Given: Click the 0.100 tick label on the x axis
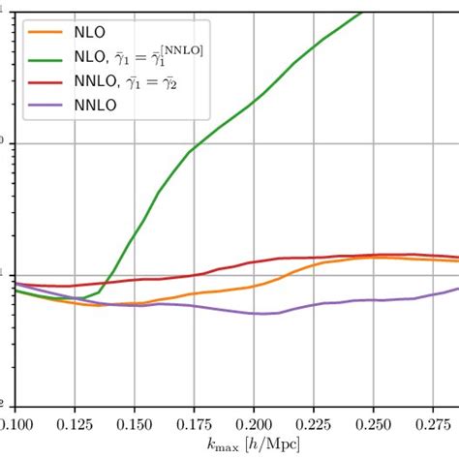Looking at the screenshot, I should [x=15, y=425].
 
